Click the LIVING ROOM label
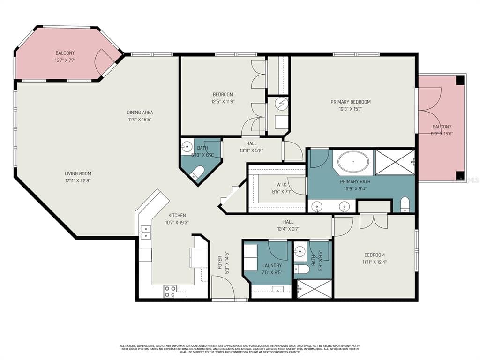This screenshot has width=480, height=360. point(78,173)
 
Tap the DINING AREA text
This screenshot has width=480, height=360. point(140,112)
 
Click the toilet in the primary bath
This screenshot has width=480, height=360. point(405,204)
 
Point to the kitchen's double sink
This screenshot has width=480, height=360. point(145,231)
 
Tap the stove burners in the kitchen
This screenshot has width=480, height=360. point(170,291)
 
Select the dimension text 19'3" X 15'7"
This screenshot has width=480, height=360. point(351,109)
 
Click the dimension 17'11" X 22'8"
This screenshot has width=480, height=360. point(78,180)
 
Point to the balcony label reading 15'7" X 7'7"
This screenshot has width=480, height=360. point(65,60)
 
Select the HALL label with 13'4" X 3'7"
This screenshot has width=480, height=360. point(288,225)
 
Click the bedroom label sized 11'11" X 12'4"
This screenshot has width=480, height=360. point(375,259)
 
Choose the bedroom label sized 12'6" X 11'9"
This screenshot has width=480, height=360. point(223,98)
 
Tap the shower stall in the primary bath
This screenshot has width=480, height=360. point(395,162)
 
